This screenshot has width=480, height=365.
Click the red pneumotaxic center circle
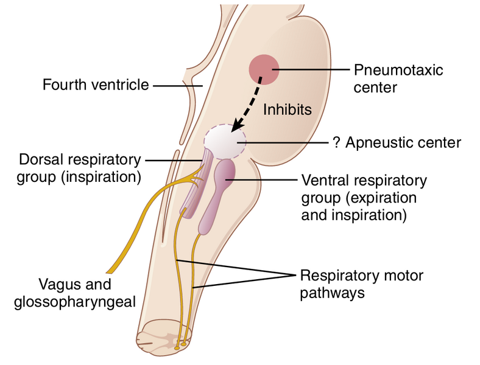(263, 68)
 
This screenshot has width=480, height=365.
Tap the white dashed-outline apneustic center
(224, 141)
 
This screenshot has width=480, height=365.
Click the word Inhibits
(288, 110)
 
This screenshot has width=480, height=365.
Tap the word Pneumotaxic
(399, 69)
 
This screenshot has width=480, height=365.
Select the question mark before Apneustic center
(336, 143)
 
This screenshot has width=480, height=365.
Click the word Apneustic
(377, 144)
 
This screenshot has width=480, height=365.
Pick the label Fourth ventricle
(96, 85)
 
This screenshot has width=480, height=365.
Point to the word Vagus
(58, 284)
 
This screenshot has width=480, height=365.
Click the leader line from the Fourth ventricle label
(176, 85)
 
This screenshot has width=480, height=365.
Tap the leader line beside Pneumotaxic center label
(311, 70)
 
